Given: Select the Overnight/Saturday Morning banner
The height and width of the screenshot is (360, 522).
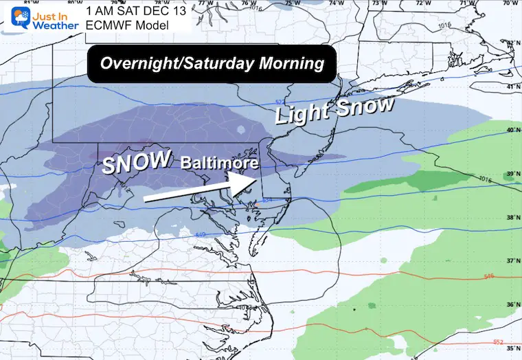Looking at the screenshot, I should coord(212,63).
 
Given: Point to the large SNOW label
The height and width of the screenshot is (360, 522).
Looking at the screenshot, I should coord(137,162).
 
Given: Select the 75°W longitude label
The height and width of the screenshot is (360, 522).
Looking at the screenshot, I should coord(293,3).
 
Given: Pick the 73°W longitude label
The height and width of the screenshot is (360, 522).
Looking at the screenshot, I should coord(376,3).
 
